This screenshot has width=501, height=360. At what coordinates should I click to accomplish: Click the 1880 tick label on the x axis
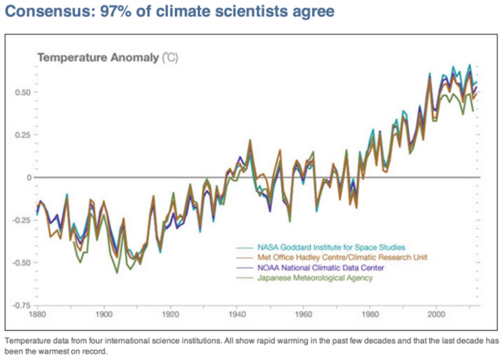click(x=38, y=313)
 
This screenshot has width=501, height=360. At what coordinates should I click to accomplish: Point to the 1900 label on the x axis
click(x=104, y=313)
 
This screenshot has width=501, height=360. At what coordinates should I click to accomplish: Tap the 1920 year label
click(x=170, y=313)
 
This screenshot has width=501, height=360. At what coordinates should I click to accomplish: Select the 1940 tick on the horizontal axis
click(x=237, y=313)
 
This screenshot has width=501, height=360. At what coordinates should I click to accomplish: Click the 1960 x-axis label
click(x=303, y=313)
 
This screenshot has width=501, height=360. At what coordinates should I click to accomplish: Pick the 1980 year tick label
click(x=370, y=313)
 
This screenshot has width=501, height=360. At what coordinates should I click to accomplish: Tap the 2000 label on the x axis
click(x=436, y=313)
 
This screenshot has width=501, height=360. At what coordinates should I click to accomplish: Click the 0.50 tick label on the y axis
click(x=22, y=92)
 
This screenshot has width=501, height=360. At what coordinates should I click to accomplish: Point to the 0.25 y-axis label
click(x=22, y=135)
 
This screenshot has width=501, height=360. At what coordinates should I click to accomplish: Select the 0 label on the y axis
click(x=28, y=177)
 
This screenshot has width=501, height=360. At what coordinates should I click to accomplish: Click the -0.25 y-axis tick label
click(x=21, y=220)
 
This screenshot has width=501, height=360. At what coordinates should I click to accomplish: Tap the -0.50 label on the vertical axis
click(x=21, y=262)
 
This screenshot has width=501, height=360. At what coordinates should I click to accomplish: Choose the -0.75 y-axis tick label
click(x=21, y=305)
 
